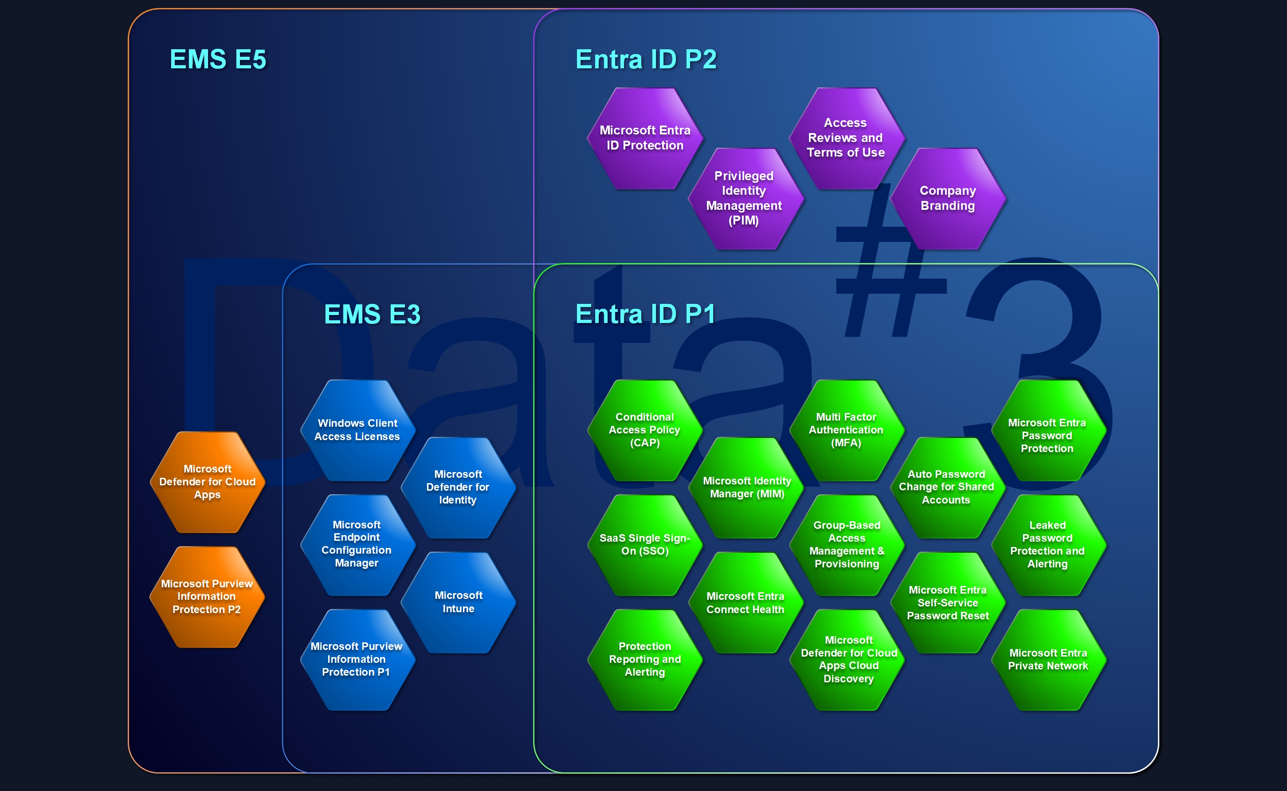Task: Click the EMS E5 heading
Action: [218, 59]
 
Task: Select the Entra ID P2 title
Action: [645, 59]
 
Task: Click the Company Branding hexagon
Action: [947, 198]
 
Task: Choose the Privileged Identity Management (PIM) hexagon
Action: [744, 198]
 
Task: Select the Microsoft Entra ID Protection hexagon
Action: [645, 138]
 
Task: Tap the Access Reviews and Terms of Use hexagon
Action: [846, 138]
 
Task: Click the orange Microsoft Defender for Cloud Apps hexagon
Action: [207, 482]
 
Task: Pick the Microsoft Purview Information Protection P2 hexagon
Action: [207, 596]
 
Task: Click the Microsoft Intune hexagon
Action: [458, 602]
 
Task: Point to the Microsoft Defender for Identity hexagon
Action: [458, 487]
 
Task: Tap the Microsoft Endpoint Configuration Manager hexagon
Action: [357, 544]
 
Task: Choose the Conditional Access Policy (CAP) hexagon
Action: [644, 430]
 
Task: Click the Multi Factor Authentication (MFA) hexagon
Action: [846, 430]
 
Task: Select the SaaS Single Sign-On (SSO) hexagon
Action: [644, 545]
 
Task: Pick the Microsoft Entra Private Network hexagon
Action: [1048, 659]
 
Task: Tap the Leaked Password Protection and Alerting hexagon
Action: [1048, 545]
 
